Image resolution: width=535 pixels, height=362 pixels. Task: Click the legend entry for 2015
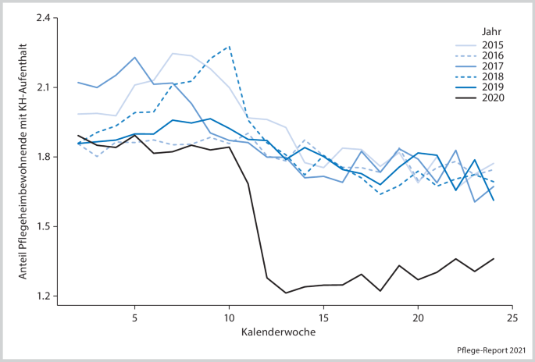coord(493,45)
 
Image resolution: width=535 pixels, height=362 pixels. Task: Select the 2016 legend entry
coord(493,56)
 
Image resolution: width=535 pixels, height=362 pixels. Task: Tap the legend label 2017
coord(493,66)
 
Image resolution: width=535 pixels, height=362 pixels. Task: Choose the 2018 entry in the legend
coord(493,77)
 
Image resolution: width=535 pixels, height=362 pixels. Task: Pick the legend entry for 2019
coord(493,87)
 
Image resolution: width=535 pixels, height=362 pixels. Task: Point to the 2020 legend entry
coord(493,98)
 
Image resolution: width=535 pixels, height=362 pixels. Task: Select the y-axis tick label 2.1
coord(41,87)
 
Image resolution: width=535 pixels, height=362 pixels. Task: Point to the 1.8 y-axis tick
coord(41,157)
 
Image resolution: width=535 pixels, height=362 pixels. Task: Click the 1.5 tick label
coord(41,227)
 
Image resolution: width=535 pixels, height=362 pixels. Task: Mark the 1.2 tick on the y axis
coord(41,296)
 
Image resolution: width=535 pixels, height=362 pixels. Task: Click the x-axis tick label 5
coord(135,318)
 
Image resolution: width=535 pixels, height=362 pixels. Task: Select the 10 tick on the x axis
coord(230,318)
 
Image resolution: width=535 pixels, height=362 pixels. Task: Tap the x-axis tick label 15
coord(323,318)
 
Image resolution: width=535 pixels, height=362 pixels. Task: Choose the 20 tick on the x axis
coord(418,318)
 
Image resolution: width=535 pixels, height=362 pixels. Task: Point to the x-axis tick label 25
coord(512,318)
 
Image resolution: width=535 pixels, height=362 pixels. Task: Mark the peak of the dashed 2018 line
coord(229,46)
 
